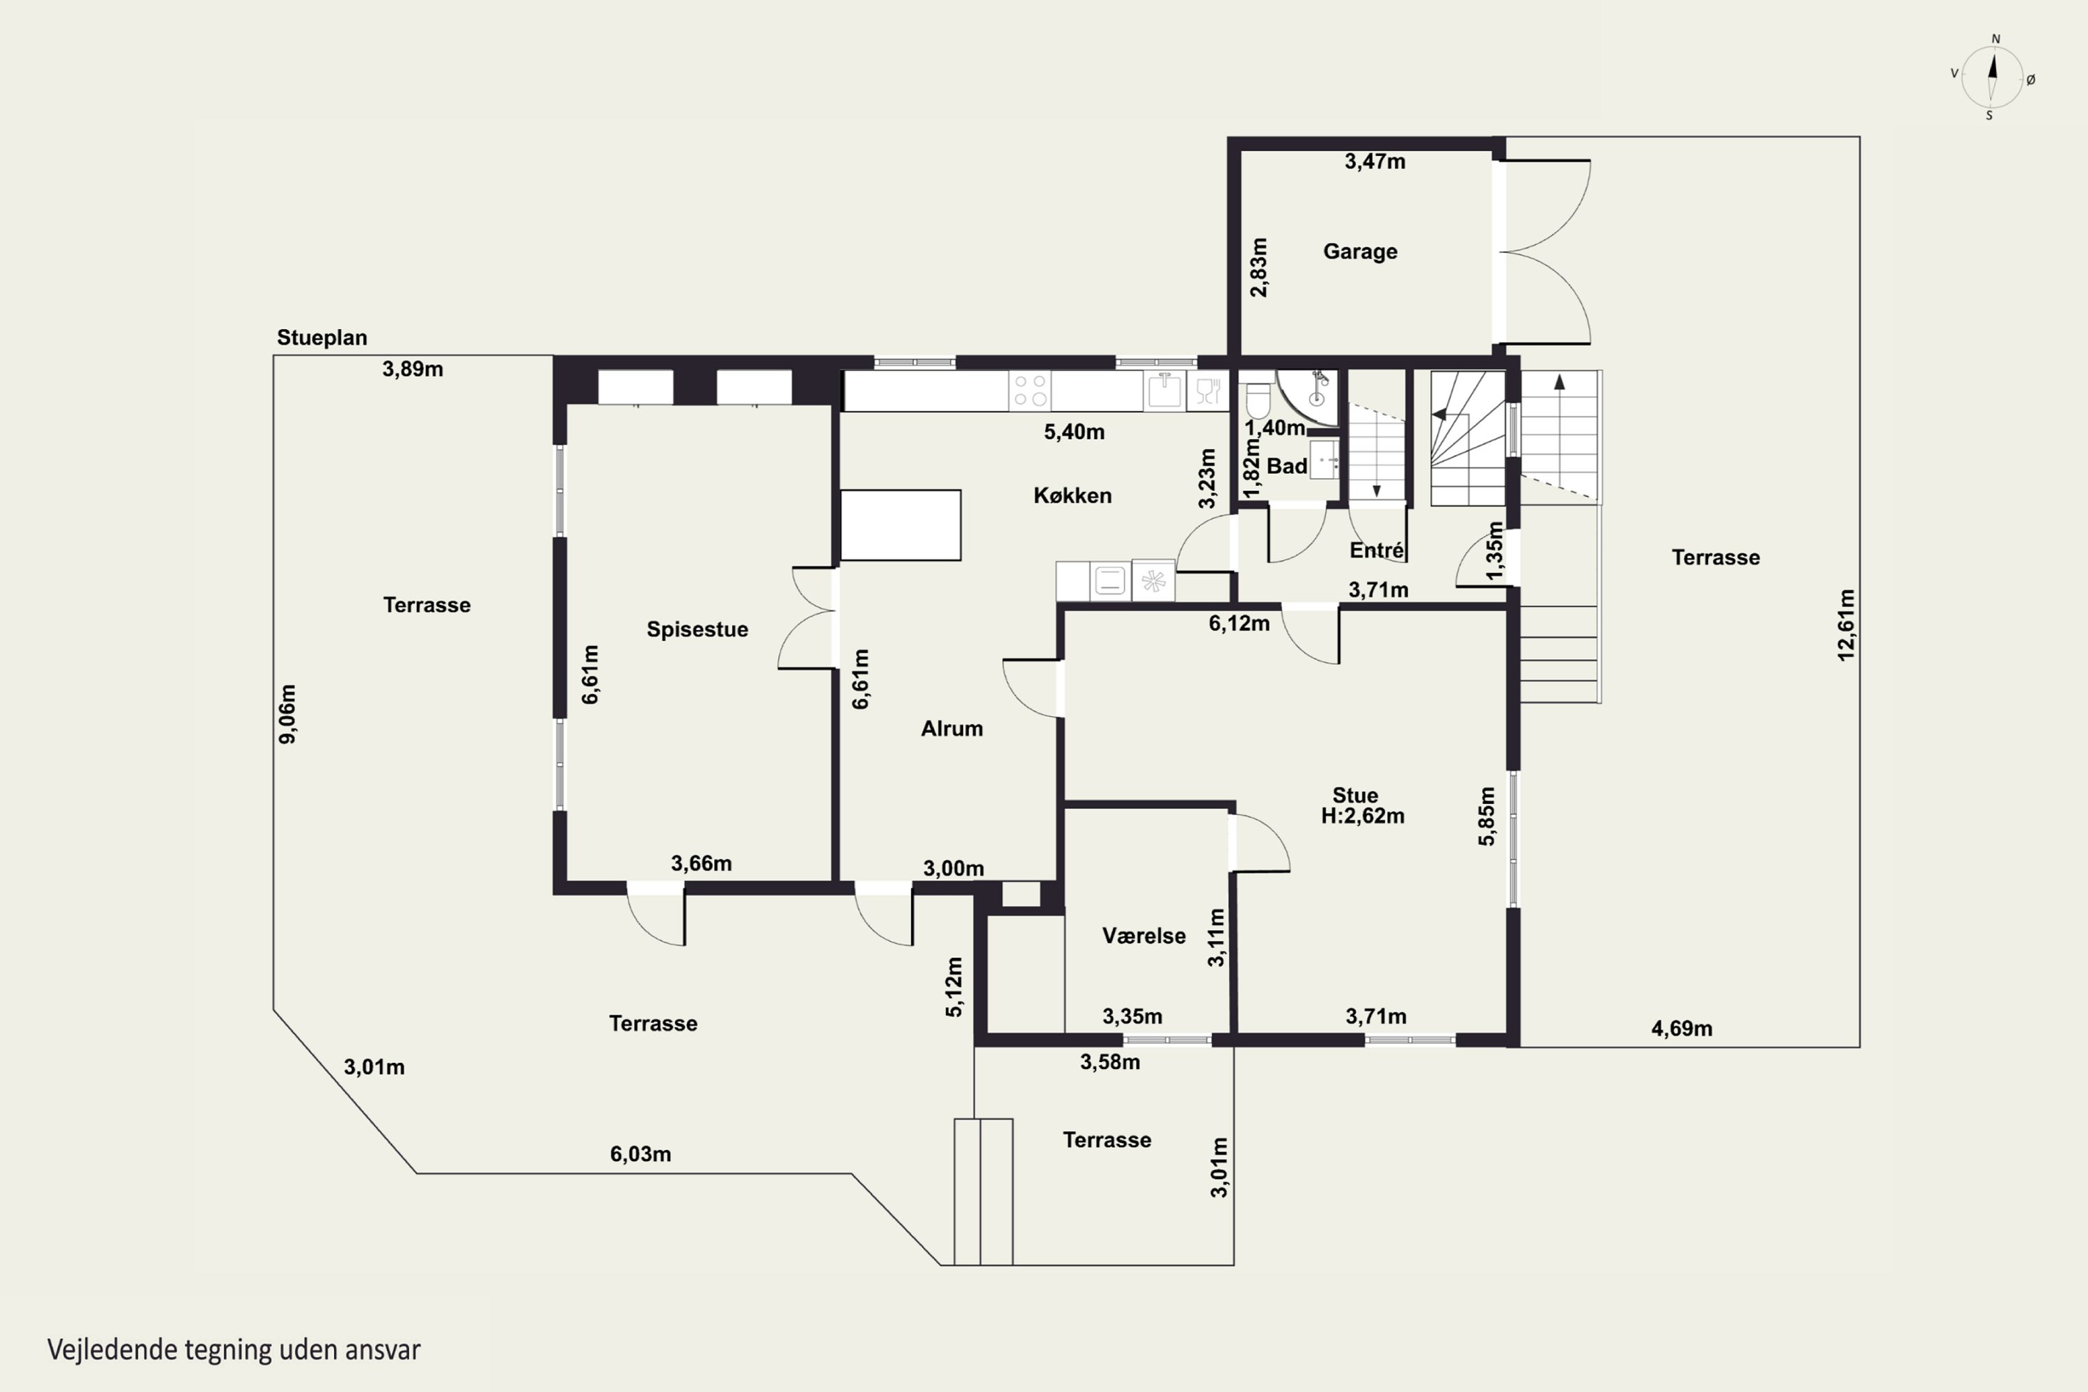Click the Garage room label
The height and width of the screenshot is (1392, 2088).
pos(1360,251)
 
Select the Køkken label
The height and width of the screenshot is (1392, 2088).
pos(1073,496)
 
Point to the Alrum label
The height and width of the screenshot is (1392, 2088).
pos(951,729)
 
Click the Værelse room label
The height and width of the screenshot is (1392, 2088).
pos(1144,935)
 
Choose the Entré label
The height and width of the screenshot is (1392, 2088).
pos(1377,551)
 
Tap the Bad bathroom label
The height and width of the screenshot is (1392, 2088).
pos(1286,466)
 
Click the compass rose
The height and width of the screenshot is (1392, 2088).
pos(1992,78)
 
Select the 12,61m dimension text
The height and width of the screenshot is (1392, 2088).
pos(1846,625)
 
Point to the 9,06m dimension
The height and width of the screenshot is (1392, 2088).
pos(287,714)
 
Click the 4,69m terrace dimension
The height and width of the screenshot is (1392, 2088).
pos(1682,1029)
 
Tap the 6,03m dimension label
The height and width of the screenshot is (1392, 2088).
pos(640,1154)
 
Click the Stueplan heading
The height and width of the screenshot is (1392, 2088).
pos(322,338)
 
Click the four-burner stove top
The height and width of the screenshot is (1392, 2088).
pos(1030,390)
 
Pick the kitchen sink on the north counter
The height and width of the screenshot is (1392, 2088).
pos(1164,390)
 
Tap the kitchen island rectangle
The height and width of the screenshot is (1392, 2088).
pos(900,525)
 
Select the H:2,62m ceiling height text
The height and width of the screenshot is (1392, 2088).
pos(1363,816)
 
